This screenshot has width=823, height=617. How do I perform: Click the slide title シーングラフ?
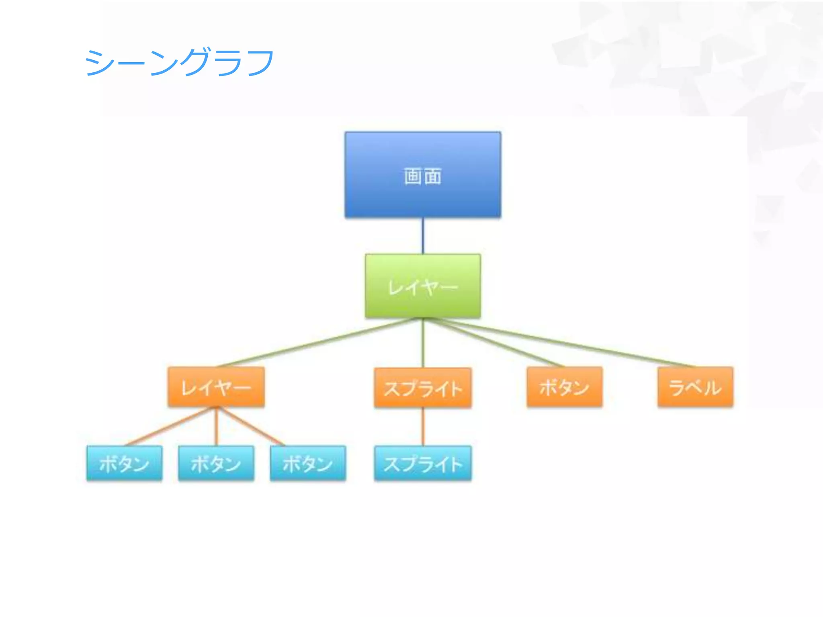pos(179,62)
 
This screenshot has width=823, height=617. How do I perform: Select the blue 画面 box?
pos(423,175)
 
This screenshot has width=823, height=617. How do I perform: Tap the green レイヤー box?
pos(423,286)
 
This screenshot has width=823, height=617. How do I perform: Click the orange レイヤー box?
pos(216,387)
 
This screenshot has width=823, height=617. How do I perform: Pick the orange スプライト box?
pos(423,388)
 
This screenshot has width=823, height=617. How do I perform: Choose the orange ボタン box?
pos(565,387)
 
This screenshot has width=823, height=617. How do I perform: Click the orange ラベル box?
pos(695,387)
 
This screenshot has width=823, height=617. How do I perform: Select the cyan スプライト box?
pos(423,463)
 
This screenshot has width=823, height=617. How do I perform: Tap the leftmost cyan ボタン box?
pos(124,463)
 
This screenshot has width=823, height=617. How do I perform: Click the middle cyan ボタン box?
pos(216,463)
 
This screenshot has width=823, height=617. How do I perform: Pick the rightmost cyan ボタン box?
pos(308,463)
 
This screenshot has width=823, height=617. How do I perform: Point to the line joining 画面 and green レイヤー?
pos(423,236)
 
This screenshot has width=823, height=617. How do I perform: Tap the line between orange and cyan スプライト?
pos(423,427)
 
